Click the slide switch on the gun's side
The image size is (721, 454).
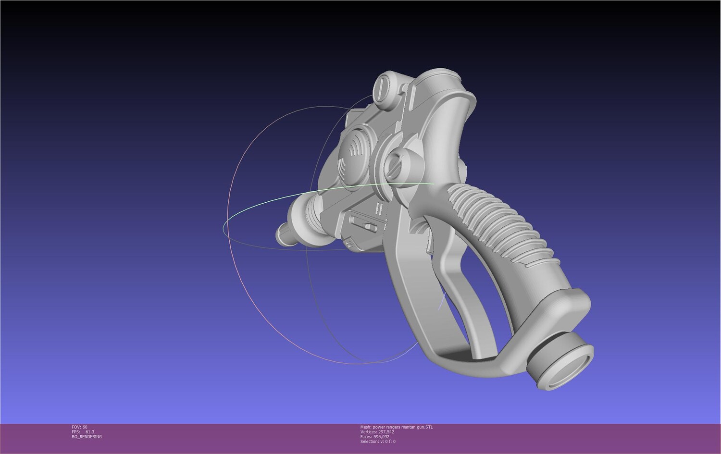[x=363, y=223]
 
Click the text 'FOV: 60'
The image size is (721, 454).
[x=79, y=427]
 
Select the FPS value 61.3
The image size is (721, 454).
[x=90, y=432]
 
